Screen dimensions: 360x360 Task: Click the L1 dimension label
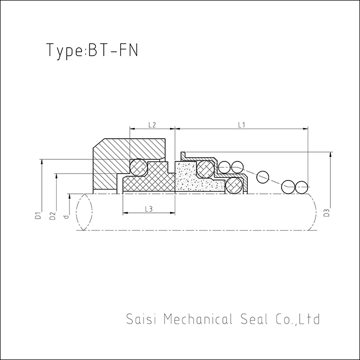point(241,125)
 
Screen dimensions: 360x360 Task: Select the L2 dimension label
point(152,125)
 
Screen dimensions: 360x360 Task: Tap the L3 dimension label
point(149,209)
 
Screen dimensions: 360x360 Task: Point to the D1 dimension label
point(38,216)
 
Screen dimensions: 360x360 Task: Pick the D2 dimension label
point(52,216)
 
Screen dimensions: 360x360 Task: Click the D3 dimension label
point(327,212)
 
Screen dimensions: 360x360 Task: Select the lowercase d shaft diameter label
point(66,217)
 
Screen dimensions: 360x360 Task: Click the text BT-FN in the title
point(113,50)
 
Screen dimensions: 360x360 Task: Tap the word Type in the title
point(66,51)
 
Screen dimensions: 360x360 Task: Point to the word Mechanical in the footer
point(199,319)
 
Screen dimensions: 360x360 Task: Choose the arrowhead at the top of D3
point(330,155)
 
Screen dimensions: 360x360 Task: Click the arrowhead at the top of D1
point(41,162)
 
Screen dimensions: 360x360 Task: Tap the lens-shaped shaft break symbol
point(84,212)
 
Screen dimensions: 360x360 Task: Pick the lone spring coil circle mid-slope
point(263,177)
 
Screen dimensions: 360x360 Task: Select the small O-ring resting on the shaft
point(235,185)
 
